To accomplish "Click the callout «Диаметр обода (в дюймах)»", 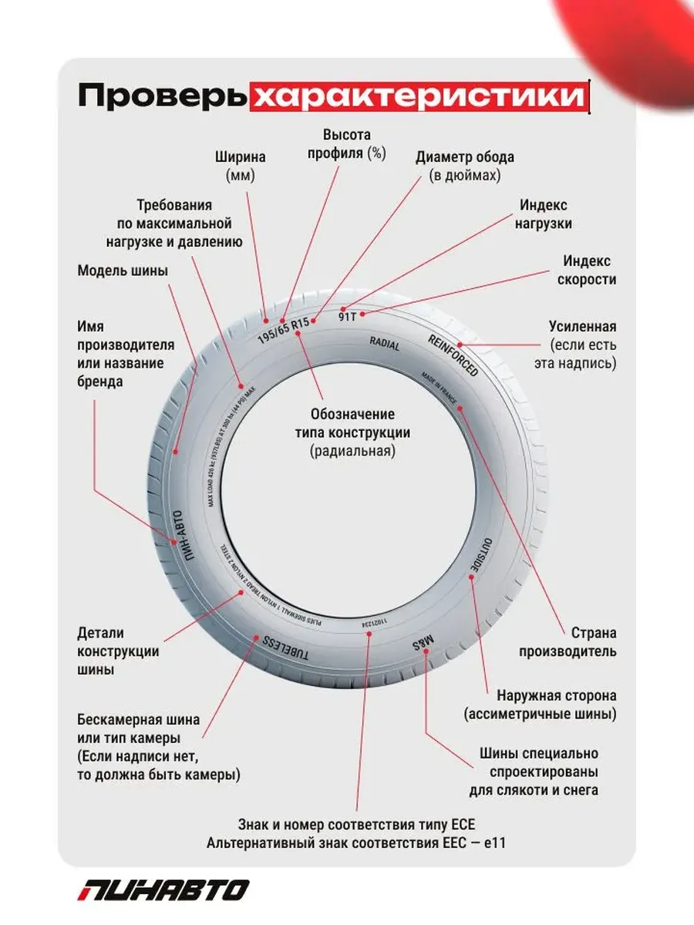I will tap(464, 166).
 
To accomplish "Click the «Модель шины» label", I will tap(123, 271).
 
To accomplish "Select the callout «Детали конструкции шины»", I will tap(118, 651).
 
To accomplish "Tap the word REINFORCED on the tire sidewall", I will tap(453, 355).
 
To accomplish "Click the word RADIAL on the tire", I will tap(385, 344).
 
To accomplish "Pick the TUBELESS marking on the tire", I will tap(286, 649).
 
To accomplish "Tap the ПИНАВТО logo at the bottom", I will tap(163, 889).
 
